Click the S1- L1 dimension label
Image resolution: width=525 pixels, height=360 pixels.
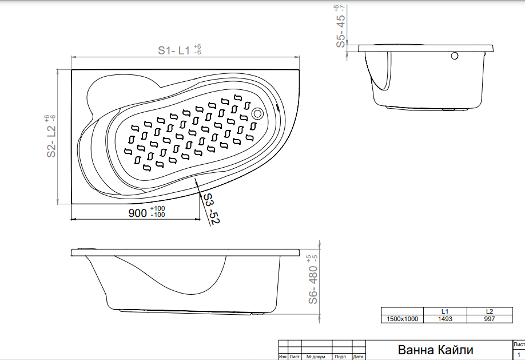[x=174, y=50]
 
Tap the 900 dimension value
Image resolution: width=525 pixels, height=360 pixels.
[x=138, y=213]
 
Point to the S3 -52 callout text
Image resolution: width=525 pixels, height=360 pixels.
[x=211, y=208]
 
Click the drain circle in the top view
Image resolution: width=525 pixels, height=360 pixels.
[x=257, y=114]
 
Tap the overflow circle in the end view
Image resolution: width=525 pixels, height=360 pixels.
[x=454, y=56]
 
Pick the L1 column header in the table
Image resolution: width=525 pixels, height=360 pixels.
[x=445, y=311]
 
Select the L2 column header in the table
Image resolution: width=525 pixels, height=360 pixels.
[x=490, y=311]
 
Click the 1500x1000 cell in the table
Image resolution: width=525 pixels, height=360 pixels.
[x=402, y=319]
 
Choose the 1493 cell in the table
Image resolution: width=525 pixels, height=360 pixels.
[x=445, y=319]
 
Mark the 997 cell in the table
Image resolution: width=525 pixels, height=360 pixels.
[x=490, y=319]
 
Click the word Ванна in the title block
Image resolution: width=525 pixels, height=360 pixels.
[x=416, y=350]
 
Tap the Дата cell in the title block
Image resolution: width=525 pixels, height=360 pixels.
[x=358, y=357]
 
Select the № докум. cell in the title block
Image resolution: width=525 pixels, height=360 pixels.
[x=316, y=357]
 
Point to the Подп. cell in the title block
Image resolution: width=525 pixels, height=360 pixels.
[x=341, y=357]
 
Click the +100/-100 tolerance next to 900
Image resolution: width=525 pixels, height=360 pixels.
[x=157, y=212]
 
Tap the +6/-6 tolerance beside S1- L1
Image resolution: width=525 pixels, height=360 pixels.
[x=197, y=49]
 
